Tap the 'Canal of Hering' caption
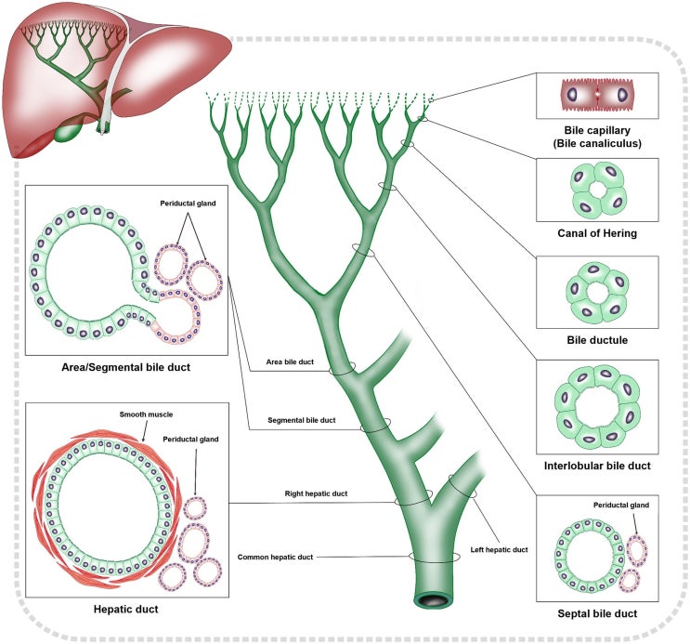point(599,233)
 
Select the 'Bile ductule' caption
point(599,339)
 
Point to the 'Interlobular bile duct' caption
point(599,465)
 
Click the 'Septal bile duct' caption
point(599,612)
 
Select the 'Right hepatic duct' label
point(316,493)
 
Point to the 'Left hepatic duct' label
point(506,550)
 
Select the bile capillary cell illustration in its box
point(599,97)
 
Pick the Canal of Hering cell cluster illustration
point(599,191)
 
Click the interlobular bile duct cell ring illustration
point(599,407)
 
